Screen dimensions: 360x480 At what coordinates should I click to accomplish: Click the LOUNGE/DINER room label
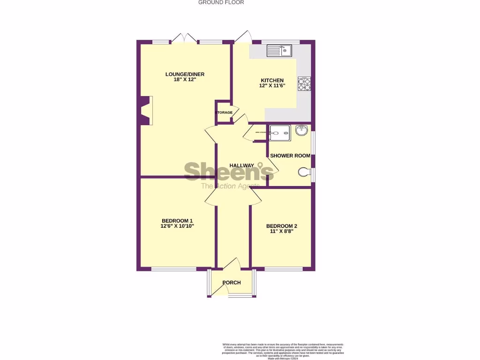click(185, 74)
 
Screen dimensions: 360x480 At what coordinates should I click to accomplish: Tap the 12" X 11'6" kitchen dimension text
click(272, 86)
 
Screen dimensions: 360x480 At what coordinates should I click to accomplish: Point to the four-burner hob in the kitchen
click(304, 83)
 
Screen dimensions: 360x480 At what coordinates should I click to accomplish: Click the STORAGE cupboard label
click(224, 112)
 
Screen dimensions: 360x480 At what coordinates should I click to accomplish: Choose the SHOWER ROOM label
click(290, 156)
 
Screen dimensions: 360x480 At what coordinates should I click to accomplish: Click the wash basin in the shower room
click(302, 130)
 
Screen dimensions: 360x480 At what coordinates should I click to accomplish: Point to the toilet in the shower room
click(305, 173)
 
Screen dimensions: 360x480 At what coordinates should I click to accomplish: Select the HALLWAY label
click(241, 165)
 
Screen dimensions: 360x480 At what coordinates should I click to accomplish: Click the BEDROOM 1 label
click(177, 221)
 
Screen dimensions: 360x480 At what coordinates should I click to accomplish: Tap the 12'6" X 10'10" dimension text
click(177, 226)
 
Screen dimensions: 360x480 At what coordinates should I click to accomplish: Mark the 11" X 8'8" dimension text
click(282, 231)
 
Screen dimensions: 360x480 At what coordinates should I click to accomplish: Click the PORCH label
click(232, 283)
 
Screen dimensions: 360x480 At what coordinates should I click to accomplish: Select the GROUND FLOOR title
click(221, 2)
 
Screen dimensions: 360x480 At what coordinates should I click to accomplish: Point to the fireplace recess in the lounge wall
click(146, 111)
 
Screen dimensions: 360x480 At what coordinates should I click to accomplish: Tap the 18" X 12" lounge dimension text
click(185, 80)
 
